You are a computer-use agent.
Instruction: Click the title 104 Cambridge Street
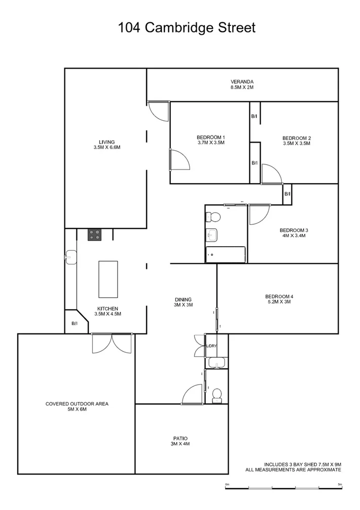pyautogui.click(x=187, y=28)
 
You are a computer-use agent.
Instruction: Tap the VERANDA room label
pyautogui.click(x=241, y=82)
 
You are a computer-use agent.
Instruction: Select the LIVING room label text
pyautogui.click(x=106, y=142)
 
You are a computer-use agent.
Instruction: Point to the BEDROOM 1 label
pyautogui.click(x=210, y=138)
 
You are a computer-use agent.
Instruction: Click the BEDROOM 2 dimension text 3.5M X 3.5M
pyautogui.click(x=296, y=144)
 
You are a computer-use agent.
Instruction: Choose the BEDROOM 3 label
pyautogui.click(x=294, y=230)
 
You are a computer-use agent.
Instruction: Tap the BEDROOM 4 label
pyautogui.click(x=279, y=297)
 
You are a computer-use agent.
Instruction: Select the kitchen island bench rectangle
pyautogui.click(x=107, y=280)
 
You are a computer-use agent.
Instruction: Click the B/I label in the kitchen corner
pyautogui.click(x=74, y=323)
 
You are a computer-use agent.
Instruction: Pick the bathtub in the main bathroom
pyautogui.click(x=225, y=255)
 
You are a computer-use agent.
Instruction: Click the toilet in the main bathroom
pyautogui.click(x=213, y=217)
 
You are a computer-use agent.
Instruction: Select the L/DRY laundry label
pyautogui.click(x=211, y=347)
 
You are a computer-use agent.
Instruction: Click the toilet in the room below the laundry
pyautogui.click(x=217, y=393)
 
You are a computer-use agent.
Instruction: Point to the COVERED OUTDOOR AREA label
pyautogui.click(x=77, y=404)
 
